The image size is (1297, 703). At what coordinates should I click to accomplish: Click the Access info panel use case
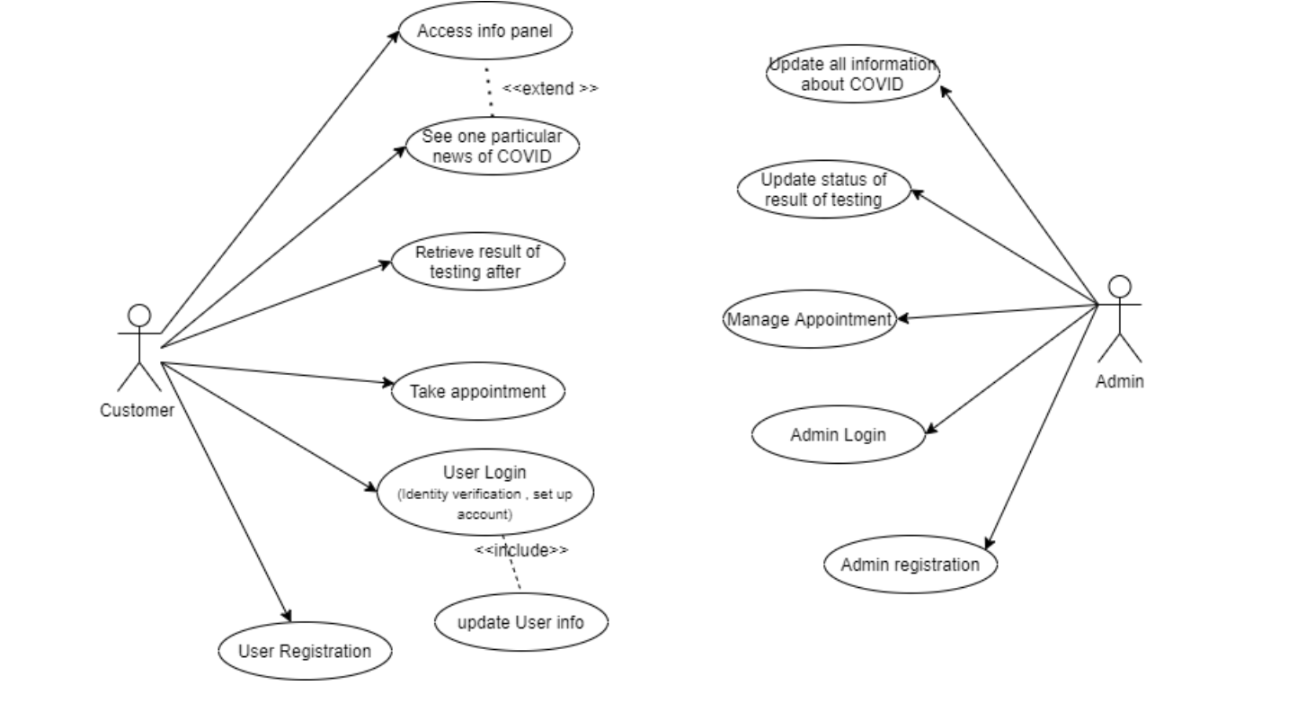click(484, 31)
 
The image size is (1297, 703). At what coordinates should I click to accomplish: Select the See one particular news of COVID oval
click(492, 146)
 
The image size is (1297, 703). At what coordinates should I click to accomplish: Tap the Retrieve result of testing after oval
click(477, 262)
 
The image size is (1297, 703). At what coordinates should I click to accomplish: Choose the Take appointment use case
click(477, 392)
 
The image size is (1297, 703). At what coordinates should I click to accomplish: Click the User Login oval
click(484, 492)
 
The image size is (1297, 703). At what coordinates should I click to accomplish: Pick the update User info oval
click(520, 622)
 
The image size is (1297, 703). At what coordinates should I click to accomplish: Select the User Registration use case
click(305, 651)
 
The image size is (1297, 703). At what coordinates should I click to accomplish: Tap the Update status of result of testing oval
click(823, 190)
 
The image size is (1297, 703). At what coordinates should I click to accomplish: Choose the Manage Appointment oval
click(809, 319)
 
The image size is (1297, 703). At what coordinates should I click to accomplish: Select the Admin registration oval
click(910, 565)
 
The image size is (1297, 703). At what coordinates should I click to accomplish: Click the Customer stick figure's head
click(139, 316)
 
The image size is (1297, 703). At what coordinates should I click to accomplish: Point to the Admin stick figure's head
click(1119, 287)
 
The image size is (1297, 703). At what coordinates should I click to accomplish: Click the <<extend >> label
click(549, 88)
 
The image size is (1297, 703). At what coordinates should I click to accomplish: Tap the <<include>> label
click(520, 550)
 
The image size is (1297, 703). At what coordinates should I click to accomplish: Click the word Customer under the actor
click(137, 411)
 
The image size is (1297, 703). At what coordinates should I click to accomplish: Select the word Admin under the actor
click(1119, 381)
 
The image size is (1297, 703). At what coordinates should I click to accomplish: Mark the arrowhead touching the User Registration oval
click(288, 616)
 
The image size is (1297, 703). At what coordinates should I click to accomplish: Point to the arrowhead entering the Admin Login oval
click(931, 431)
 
